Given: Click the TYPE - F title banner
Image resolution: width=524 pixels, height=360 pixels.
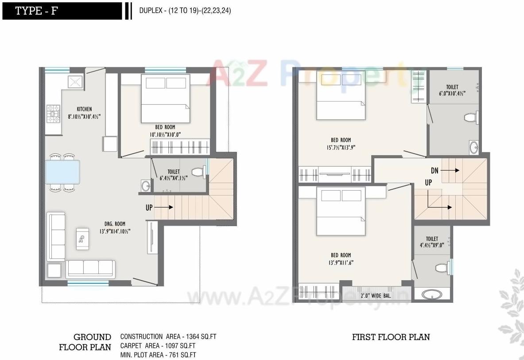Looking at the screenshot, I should click(62, 11).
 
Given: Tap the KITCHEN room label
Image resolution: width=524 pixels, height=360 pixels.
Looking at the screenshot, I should click(84, 109).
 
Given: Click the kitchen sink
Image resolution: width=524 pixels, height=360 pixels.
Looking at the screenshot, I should click(75, 82).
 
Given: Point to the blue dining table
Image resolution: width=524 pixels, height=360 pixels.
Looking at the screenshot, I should click(62, 172).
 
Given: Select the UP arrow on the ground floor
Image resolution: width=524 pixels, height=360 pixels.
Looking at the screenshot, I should click(159, 207).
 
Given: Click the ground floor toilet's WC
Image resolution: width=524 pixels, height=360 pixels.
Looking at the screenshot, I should click(199, 171).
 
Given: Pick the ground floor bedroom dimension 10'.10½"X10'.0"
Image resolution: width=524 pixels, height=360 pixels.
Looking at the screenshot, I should click(165, 134).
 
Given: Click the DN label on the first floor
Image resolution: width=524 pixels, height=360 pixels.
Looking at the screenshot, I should click(435, 170).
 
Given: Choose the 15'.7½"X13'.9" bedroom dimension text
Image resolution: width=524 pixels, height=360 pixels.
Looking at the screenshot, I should click(341, 148).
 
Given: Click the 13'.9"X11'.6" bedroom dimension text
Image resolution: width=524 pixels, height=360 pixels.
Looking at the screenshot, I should click(341, 262).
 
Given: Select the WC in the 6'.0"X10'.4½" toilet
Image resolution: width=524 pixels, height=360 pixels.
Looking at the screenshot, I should click(470, 118).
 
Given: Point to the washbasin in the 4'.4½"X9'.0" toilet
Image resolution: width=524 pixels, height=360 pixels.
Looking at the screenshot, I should click(429, 294).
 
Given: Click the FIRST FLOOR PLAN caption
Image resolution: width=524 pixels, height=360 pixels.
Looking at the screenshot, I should click(391, 337).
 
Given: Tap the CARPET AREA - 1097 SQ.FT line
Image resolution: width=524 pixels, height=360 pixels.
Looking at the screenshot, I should click(158, 346).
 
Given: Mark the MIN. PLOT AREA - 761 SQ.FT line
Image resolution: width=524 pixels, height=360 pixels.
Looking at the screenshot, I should click(158, 355).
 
